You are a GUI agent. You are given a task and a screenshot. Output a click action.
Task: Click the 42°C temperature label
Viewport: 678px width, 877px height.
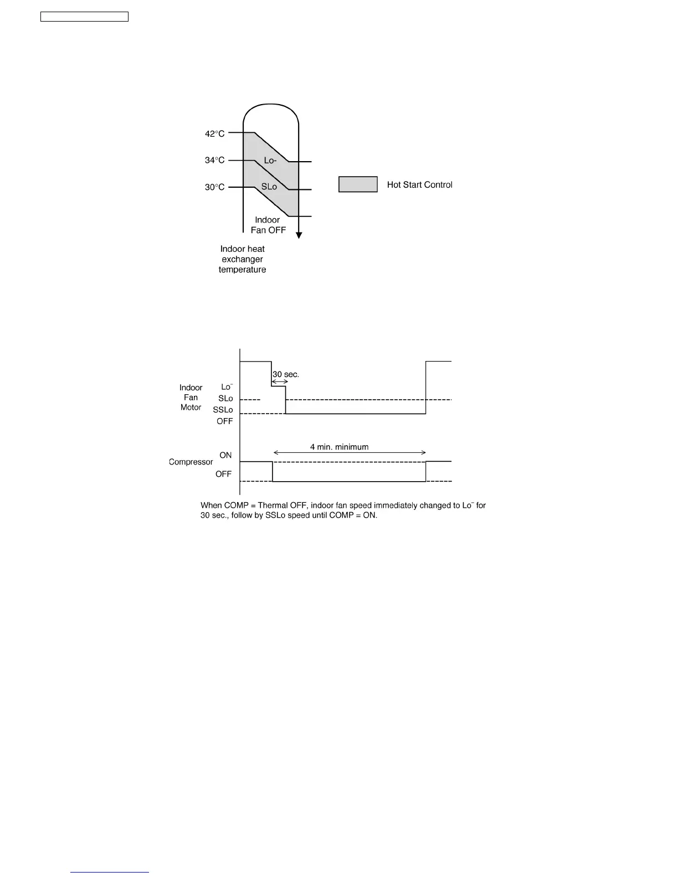(215, 133)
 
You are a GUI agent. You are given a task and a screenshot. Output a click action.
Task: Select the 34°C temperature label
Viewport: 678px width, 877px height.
(215, 160)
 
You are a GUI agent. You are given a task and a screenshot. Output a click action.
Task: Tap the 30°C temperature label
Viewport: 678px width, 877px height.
(215, 187)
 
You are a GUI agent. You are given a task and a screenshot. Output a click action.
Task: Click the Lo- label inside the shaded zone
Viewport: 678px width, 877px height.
(270, 161)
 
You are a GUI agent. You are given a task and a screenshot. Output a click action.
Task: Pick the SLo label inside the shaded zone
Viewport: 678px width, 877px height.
(269, 187)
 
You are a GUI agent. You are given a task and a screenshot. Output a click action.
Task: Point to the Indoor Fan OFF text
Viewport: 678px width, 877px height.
(268, 225)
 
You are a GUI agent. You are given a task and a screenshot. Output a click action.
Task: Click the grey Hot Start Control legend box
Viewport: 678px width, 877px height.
(358, 184)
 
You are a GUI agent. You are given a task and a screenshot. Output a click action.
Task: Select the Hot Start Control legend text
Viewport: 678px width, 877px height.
(419, 184)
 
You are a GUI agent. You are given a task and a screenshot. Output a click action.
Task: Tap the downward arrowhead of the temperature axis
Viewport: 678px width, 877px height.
(299, 235)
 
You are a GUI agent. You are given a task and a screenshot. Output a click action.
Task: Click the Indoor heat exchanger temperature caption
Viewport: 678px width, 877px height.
(243, 259)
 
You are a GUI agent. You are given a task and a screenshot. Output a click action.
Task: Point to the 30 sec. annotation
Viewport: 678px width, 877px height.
(286, 374)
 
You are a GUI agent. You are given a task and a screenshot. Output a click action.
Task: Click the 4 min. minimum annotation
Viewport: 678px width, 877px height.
(339, 447)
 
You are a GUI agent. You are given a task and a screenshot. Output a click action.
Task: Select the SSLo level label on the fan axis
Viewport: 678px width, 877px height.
(223, 410)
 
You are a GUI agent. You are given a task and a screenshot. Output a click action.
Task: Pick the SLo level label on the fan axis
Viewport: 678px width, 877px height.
(225, 398)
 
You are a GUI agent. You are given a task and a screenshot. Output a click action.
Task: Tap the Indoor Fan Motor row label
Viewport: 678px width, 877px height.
(191, 398)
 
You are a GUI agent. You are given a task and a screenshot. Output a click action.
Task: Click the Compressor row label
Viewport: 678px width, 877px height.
(191, 462)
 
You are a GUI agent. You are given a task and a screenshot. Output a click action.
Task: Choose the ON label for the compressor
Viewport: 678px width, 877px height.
(225, 455)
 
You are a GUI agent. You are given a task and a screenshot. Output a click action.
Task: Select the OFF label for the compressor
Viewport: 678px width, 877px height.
(224, 474)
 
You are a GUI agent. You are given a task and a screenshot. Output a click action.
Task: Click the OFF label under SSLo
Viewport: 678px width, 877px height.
(225, 421)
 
